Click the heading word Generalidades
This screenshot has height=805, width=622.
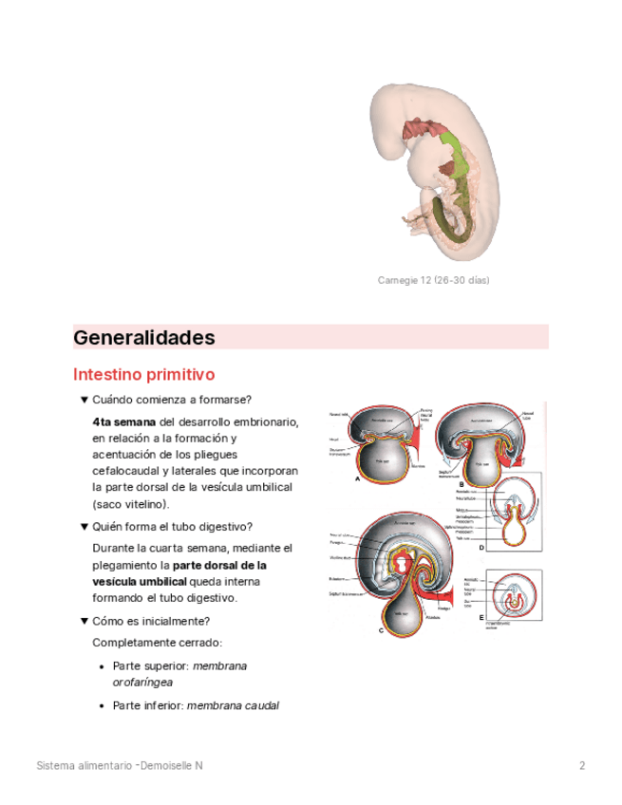pyautogui.click(x=144, y=337)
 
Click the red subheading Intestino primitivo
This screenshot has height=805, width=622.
pyautogui.click(x=143, y=375)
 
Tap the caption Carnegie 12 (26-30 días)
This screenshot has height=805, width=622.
pyautogui.click(x=433, y=280)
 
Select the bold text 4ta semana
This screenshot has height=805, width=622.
pyautogui.click(x=123, y=421)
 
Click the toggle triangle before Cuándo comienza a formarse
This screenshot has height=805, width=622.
pyautogui.click(x=84, y=400)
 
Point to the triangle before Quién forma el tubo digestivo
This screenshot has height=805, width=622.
pyautogui.click(x=84, y=527)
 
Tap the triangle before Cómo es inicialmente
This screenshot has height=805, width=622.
pyautogui.click(x=84, y=622)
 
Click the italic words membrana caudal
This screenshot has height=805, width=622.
pyautogui.click(x=233, y=705)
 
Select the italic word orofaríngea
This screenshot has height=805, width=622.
pyautogui.click(x=142, y=683)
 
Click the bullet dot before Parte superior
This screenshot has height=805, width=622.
pyautogui.click(x=103, y=666)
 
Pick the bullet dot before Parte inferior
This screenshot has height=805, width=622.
pyautogui.click(x=103, y=705)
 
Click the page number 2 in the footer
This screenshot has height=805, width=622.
pyautogui.click(x=582, y=765)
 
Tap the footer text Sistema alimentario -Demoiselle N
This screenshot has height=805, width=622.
pyautogui.click(x=120, y=765)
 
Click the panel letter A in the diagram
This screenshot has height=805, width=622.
pyautogui.click(x=357, y=479)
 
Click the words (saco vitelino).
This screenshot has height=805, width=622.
pyautogui.click(x=131, y=503)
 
